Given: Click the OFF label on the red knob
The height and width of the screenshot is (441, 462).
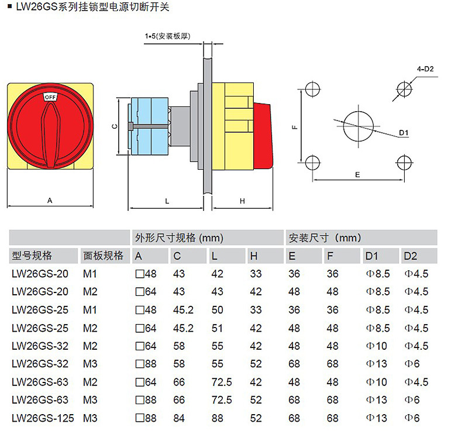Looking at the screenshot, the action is [50, 96].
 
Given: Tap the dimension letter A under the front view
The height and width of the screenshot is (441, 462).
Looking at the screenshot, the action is [50, 200].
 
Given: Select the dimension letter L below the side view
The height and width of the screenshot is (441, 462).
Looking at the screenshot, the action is [167, 201].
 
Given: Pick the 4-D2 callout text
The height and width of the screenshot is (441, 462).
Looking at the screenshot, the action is [425, 69].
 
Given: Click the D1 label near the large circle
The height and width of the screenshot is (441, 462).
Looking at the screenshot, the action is [404, 133].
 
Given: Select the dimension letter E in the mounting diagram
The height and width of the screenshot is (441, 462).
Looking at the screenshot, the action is [357, 174].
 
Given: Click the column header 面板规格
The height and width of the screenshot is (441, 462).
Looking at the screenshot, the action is [103, 256].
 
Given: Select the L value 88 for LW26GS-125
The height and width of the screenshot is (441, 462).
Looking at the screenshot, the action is [218, 418].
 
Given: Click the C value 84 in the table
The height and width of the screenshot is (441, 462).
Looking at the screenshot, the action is [179, 418].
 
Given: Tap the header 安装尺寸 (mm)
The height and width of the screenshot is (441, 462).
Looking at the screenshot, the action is [325, 238].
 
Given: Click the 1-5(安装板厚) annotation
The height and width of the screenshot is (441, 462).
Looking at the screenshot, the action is [168, 36].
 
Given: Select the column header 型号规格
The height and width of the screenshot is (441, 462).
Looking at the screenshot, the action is [32, 256].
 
